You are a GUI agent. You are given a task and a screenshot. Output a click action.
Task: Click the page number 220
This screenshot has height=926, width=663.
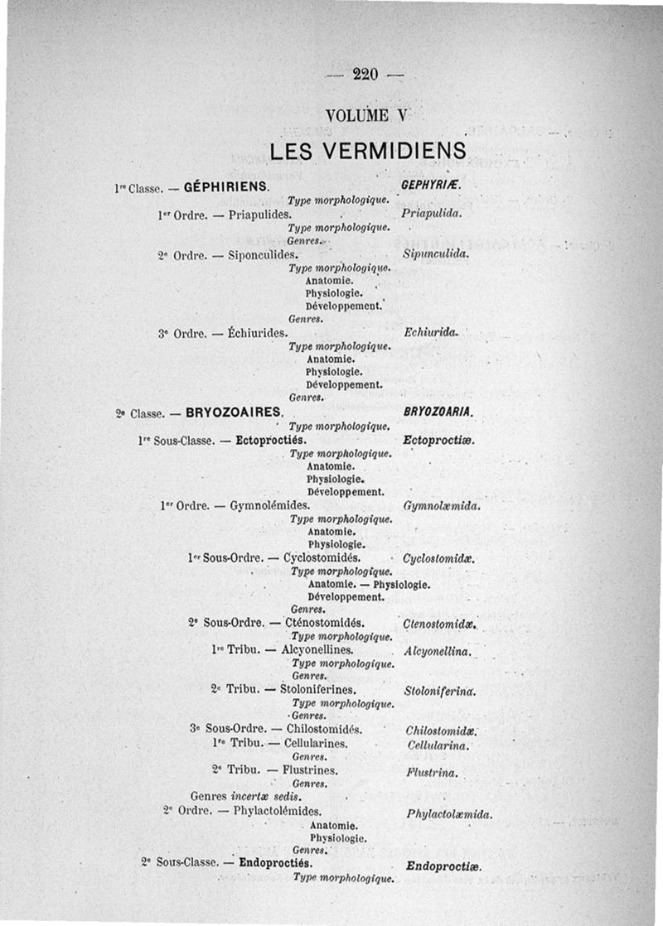point(365,75)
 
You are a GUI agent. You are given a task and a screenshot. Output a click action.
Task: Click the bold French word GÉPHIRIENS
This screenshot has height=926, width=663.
point(225,187)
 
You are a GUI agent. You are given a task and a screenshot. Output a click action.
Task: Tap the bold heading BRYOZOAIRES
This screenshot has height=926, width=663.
point(234,412)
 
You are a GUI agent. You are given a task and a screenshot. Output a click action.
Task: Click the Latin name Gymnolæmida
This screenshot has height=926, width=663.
point(443,505)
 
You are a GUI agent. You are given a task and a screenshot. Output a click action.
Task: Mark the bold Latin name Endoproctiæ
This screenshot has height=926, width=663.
point(444,866)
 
